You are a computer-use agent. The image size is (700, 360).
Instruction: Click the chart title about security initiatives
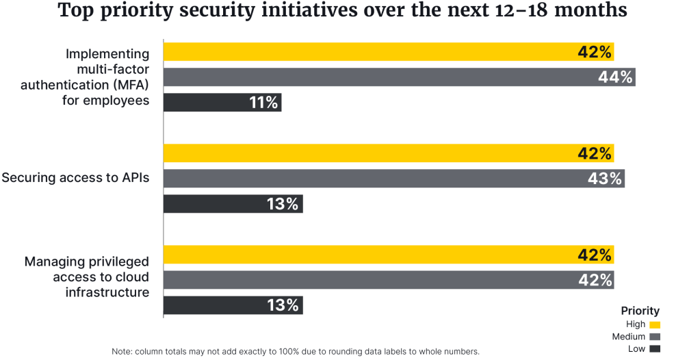(x=350, y=12)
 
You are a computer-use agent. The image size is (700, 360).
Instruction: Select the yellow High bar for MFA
(x=370, y=52)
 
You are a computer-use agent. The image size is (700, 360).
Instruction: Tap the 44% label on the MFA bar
(x=614, y=77)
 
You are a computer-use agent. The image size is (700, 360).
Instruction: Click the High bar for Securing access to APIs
(x=370, y=153)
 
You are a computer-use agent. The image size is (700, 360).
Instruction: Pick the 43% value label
(x=605, y=179)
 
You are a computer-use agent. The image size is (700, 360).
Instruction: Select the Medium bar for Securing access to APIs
(x=370, y=179)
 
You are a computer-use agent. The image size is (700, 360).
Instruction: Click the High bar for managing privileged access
(x=370, y=255)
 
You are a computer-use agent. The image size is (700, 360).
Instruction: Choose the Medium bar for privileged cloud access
(x=370, y=280)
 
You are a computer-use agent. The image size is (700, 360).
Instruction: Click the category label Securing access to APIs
(x=75, y=178)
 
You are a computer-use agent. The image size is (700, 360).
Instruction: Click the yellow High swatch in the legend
(x=655, y=324)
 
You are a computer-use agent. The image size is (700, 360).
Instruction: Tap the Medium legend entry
(x=636, y=337)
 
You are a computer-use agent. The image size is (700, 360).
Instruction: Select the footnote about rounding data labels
(x=296, y=351)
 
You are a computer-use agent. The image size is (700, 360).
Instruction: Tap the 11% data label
(x=263, y=103)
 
